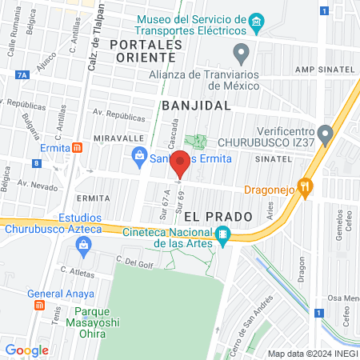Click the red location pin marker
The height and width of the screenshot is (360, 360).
point(181,163)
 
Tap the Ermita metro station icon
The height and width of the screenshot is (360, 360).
point(77,147)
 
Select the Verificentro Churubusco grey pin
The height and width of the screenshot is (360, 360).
point(324,133)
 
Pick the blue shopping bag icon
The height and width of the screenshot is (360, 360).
point(139,155)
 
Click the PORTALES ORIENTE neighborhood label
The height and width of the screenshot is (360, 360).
point(142,50)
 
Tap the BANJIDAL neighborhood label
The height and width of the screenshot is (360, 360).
point(196,105)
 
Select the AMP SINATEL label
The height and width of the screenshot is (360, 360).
point(322,70)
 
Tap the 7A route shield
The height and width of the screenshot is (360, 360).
point(22,75)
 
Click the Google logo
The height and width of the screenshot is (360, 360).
point(26,350)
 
